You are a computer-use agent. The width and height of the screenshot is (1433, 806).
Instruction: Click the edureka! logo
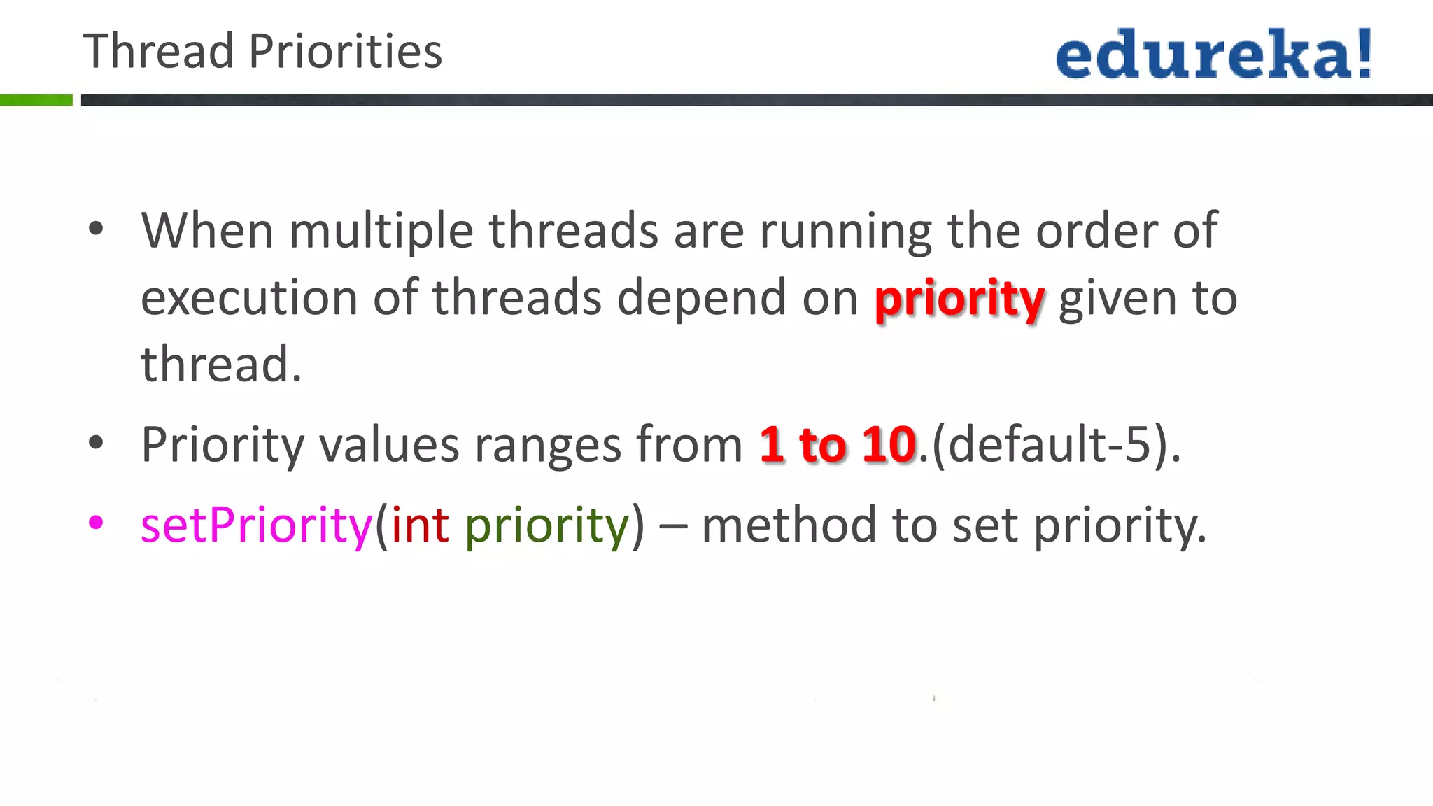(1214, 54)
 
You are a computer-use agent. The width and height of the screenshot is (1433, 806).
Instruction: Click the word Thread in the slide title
(158, 52)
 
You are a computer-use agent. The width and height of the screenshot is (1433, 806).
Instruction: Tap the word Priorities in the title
(346, 52)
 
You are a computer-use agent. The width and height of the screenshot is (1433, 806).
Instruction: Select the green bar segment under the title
(36, 100)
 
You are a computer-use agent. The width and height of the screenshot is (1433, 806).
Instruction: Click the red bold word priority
(959, 299)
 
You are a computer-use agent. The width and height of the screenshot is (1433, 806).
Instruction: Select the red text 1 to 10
(838, 444)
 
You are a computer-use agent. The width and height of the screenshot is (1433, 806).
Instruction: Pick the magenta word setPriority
(256, 526)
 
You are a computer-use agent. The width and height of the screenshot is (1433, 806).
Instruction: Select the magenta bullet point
(97, 522)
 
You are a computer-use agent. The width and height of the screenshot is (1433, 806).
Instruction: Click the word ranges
(548, 446)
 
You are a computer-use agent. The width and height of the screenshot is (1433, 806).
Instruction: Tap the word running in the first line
(845, 232)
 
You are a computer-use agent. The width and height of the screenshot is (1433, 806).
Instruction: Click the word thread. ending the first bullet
(221, 365)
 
